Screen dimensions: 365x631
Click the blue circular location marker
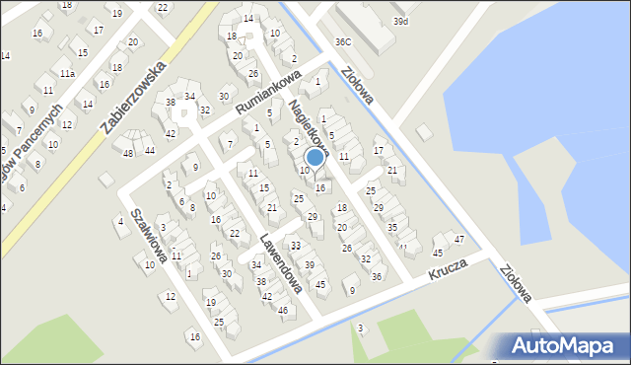coord(315,157)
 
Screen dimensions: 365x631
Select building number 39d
coord(399,21)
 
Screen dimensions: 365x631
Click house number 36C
coord(342,41)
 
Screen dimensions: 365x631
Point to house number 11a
coord(66,73)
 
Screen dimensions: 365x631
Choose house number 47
coord(458,240)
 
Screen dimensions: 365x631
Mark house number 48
coord(127,153)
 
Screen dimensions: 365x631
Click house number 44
coord(149,150)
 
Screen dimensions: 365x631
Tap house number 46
coord(282,311)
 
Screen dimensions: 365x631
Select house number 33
coord(295,245)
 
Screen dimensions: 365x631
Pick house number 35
coord(391,228)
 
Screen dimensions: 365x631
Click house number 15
coord(83,53)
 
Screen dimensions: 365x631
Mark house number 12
coord(170,296)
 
